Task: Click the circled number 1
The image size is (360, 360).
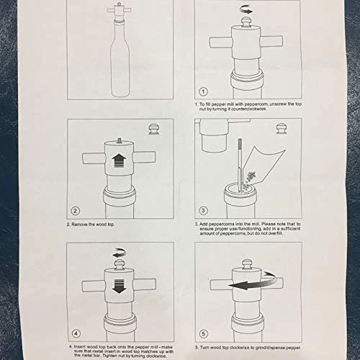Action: pos(203,91)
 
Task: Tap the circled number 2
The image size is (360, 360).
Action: pos(75,211)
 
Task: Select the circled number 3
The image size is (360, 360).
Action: pos(203,210)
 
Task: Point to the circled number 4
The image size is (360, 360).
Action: pos(76,333)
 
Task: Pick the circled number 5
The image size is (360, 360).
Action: pos(204,334)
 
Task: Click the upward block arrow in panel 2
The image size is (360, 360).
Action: pos(120,161)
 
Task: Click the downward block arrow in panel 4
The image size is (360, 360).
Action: pos(119,286)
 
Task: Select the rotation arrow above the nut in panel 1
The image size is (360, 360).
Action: pos(246,10)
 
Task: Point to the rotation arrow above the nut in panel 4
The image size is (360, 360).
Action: pos(120,253)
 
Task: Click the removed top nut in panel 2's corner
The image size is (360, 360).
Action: pos(154,129)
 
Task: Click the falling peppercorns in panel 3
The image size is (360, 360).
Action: pos(249,179)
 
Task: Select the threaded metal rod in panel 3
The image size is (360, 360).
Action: pos(240,165)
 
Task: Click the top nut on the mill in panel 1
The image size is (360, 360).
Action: pos(246,23)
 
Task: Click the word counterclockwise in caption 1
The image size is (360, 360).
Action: pos(248,109)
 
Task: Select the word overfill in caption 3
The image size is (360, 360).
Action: pos(275,233)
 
